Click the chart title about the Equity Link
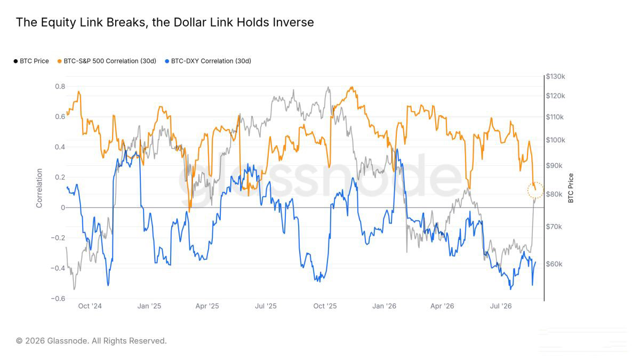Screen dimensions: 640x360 pyautogui.click(x=165, y=22)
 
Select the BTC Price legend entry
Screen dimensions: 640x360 pyautogui.click(x=31, y=61)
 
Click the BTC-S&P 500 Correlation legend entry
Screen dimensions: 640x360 pyautogui.click(x=107, y=61)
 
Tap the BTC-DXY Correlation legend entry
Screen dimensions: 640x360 pyautogui.click(x=208, y=61)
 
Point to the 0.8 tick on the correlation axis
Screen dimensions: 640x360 pyautogui.click(x=60, y=86)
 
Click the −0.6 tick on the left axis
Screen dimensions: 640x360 pyautogui.click(x=58, y=299)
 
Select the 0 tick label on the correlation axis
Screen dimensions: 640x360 pyautogui.click(x=63, y=207)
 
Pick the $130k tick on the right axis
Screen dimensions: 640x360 pyautogui.click(x=555, y=77)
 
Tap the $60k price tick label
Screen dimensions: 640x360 pyautogui.click(x=554, y=264)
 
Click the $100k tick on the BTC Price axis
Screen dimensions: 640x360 pyautogui.click(x=555, y=140)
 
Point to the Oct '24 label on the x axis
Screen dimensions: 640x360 pyautogui.click(x=90, y=306)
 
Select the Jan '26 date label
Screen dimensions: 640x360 pyautogui.click(x=385, y=306)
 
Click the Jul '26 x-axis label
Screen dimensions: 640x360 pyautogui.click(x=501, y=306)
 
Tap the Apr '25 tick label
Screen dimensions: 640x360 pyautogui.click(x=207, y=306)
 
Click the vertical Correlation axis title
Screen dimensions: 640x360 pyautogui.click(x=39, y=188)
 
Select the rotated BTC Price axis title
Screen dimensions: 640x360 pyautogui.click(x=571, y=188)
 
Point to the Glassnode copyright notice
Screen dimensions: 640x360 pyautogui.click(x=91, y=341)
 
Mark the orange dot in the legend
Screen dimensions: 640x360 pyautogui.click(x=59, y=61)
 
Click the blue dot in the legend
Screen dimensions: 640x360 pyautogui.click(x=167, y=61)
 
